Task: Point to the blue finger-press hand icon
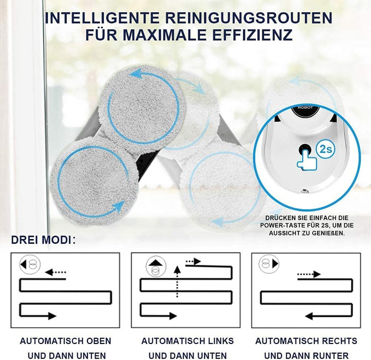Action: pyautogui.click(x=305, y=157)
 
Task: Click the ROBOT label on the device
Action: pyautogui.click(x=304, y=109)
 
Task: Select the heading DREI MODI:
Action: pyautogui.click(x=43, y=240)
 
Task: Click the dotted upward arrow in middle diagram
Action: pyautogui.click(x=177, y=282)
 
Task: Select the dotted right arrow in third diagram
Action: pyautogui.click(x=309, y=275)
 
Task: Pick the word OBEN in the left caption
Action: pyautogui.click(x=99, y=341)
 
